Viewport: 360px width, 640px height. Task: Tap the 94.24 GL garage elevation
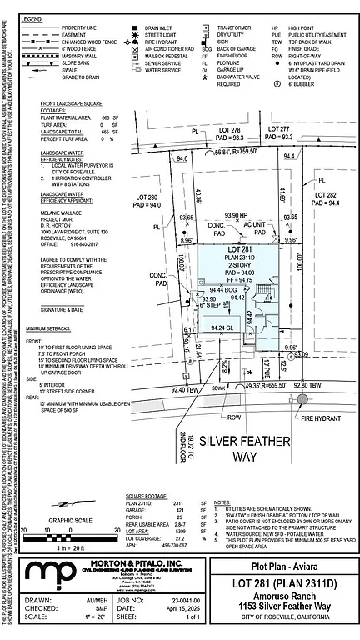tap(221, 327)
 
